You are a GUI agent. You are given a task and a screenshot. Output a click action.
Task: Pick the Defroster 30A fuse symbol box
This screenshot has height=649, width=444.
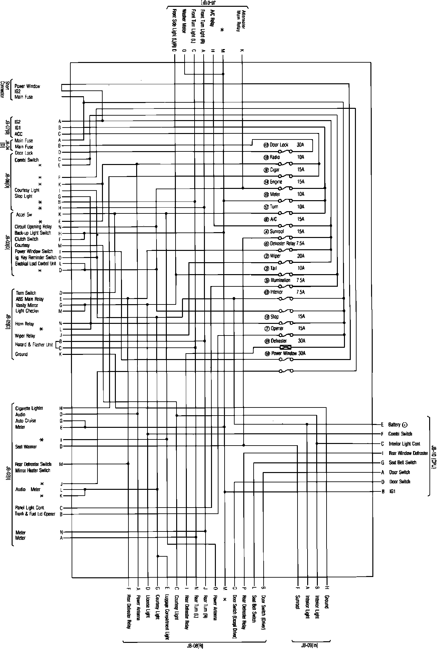[x=286, y=347]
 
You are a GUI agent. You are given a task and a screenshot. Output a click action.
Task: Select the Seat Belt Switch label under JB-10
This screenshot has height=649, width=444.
[x=402, y=462]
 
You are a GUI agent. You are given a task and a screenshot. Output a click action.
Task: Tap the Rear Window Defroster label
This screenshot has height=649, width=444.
[x=408, y=453]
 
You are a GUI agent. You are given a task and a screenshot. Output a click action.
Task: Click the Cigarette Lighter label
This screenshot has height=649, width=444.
[x=29, y=408]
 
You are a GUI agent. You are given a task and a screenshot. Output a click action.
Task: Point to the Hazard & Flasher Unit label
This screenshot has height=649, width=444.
[x=34, y=345]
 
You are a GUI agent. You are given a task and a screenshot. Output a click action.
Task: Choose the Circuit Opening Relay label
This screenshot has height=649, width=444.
[x=33, y=227]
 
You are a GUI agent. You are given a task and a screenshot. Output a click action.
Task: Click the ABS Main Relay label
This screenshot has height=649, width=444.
[x=30, y=299]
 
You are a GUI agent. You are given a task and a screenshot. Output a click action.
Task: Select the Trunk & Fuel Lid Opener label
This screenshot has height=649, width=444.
[x=35, y=514]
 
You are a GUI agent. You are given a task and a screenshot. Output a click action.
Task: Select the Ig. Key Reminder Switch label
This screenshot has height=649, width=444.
[x=35, y=257]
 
